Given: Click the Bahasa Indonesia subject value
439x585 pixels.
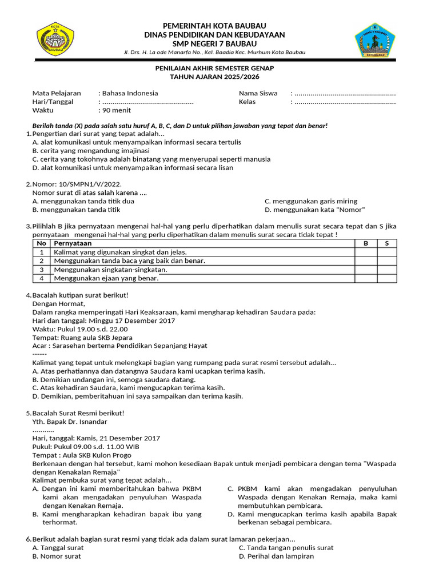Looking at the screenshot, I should (x=130, y=93).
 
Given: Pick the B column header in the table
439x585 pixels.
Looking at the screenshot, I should (x=366, y=243).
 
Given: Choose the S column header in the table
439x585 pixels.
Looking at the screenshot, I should (x=387, y=243).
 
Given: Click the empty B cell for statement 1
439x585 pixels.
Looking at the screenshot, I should (x=366, y=252).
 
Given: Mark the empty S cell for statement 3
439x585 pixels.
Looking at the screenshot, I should (x=387, y=270).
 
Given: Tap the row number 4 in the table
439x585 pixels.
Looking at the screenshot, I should (x=42, y=278).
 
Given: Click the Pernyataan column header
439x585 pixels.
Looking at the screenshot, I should (x=73, y=243).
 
